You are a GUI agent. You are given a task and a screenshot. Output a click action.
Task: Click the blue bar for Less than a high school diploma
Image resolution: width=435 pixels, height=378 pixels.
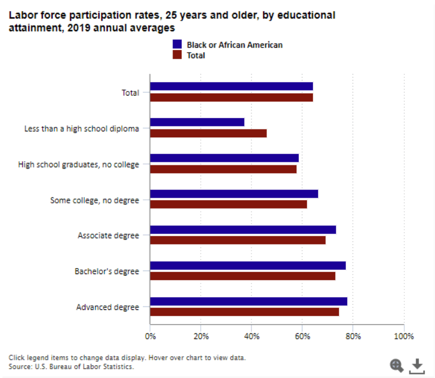click(197, 122)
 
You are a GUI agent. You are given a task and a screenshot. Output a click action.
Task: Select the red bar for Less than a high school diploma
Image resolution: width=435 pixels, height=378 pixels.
click(208, 133)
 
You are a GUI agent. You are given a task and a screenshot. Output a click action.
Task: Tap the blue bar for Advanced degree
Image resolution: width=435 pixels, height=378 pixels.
click(248, 301)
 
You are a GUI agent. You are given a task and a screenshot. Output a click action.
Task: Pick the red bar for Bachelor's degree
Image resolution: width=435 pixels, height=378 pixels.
click(242, 276)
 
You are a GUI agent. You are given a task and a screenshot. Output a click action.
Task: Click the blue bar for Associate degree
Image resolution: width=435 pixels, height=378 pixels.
click(243, 230)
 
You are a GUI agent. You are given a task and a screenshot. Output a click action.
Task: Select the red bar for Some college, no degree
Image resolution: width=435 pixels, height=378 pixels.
click(228, 204)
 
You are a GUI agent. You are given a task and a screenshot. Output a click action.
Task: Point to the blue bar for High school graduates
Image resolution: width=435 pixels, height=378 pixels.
click(224, 158)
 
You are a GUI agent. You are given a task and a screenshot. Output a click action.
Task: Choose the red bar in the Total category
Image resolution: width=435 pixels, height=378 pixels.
click(231, 97)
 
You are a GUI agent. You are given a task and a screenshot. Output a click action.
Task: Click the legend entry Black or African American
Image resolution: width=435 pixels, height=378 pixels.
click(234, 45)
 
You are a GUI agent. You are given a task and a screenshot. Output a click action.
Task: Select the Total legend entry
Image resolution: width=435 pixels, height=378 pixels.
click(195, 56)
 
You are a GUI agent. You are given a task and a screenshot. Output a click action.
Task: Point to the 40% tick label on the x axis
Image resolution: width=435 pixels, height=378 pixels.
click(251, 337)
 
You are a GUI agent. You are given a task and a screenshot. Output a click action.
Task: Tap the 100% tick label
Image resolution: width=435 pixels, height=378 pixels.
click(403, 337)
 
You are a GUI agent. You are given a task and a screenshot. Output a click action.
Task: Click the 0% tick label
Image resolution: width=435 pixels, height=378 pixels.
click(150, 337)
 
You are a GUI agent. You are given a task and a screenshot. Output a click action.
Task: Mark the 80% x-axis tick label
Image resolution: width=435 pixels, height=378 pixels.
click(353, 337)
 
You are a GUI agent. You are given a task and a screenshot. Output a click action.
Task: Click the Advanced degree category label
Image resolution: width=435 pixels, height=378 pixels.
click(107, 307)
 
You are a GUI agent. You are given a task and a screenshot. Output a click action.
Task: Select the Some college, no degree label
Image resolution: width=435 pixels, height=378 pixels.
click(94, 200)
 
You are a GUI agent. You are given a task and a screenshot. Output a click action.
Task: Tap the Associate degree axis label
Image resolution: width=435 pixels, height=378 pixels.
click(108, 236)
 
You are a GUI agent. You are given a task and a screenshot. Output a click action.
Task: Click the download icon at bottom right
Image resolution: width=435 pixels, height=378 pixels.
click(417, 366)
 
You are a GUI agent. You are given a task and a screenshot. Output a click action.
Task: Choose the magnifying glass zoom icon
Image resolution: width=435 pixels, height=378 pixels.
click(396, 366)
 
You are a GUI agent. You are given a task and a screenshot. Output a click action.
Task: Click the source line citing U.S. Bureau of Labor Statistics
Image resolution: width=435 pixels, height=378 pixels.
click(72, 367)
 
